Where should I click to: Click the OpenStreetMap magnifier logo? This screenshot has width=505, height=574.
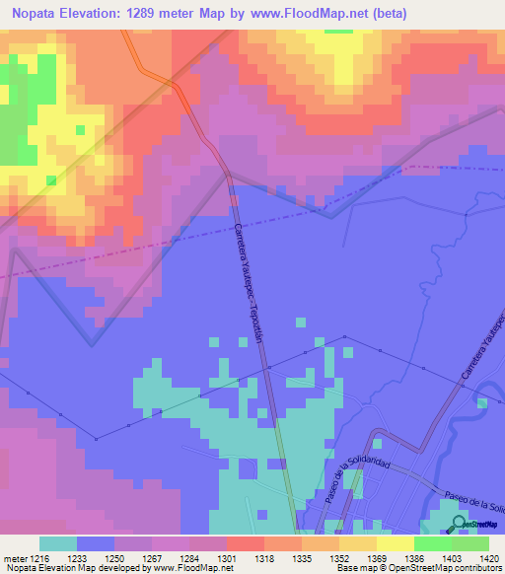tap(458, 523)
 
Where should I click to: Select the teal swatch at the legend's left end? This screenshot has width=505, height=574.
tap(58, 543)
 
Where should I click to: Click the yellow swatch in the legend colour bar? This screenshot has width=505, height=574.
tap(395, 543)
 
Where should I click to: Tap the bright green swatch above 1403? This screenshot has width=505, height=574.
tap(432, 543)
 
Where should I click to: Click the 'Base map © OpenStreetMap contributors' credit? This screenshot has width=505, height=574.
tap(417, 568)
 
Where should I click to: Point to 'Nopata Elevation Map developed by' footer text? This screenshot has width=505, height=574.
tap(69, 568)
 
